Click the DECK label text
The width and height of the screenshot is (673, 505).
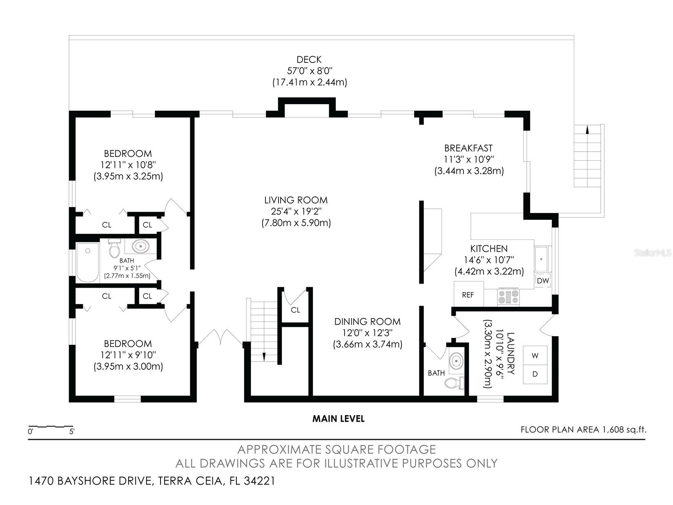click(309, 60)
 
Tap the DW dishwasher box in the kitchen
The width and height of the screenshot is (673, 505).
click(543, 281)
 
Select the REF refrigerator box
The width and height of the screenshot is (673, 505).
click(468, 295)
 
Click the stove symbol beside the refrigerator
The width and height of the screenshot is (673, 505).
click(508, 296)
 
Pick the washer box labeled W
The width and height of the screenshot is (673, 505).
click(535, 355)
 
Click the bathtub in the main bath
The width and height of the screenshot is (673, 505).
click(88, 263)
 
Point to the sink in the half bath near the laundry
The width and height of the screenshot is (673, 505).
click(455, 361)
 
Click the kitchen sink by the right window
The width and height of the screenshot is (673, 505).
click(542, 259)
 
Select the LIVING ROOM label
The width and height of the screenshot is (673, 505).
click(296, 200)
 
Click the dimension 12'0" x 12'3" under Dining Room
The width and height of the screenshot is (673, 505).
click(367, 333)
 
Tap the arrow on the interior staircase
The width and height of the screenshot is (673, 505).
click(264, 356)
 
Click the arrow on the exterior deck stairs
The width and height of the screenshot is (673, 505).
click(587, 130)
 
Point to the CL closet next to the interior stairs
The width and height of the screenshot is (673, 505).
click(295, 310)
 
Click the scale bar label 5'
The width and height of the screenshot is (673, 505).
click(72, 431)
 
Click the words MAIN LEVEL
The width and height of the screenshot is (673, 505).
click(338, 418)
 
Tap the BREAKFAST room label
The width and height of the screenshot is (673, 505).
click(468, 148)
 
